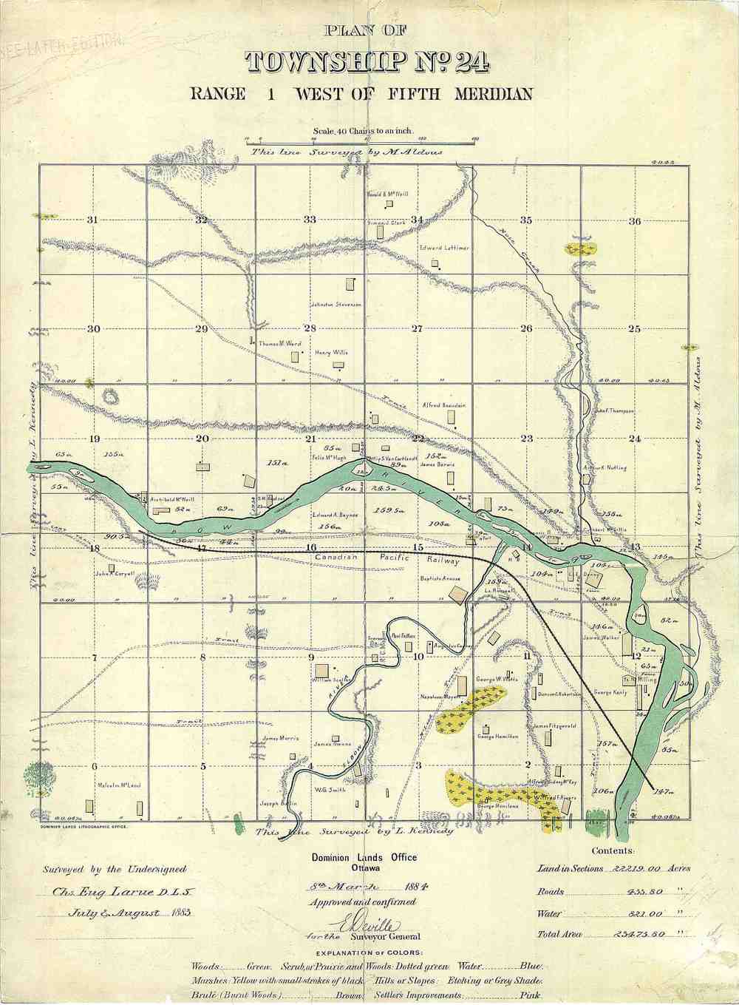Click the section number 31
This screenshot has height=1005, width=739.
92,220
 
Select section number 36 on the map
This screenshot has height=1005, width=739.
634,221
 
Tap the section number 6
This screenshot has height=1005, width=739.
95,766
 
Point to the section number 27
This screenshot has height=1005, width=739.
417,329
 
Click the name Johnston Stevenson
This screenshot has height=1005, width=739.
336,304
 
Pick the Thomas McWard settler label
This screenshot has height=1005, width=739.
280,344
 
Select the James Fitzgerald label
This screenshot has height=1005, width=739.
554,726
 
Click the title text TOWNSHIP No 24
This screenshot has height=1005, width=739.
367,62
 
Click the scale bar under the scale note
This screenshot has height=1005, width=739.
363,141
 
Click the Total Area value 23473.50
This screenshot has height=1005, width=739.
639,935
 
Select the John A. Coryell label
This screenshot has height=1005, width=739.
114,573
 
